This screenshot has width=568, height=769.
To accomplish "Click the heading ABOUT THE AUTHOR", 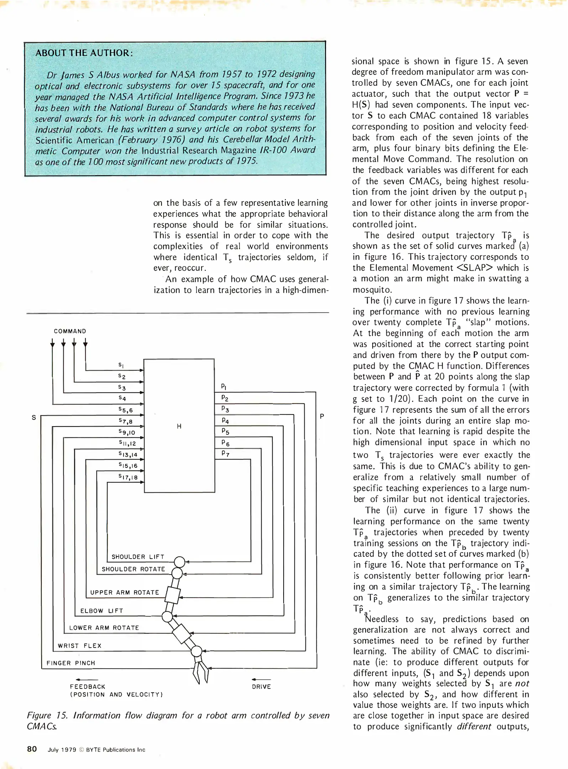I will (x=84, y=53).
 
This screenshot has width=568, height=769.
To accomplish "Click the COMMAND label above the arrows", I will (x=70, y=331).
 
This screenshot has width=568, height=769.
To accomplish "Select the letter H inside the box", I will (x=179, y=426).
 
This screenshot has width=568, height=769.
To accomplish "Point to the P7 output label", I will (x=225, y=454).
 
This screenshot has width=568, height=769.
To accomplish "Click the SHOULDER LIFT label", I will (x=138, y=557).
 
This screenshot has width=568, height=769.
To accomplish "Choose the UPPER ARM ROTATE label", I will (x=125, y=592).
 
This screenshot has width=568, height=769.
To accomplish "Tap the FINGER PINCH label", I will (x=71, y=663).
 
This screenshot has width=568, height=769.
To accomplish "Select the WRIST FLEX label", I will (x=80, y=646).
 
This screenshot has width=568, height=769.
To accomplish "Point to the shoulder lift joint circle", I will (x=180, y=562).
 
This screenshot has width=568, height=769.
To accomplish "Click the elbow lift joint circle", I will (x=167, y=617).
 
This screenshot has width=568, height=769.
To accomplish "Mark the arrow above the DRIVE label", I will (x=261, y=680).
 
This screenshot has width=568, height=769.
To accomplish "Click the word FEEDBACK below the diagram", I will (x=88, y=687).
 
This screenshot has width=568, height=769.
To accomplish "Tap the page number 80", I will (x=32, y=749).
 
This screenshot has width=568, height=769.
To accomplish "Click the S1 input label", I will (x=121, y=365).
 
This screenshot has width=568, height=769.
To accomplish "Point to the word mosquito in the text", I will (x=372, y=290).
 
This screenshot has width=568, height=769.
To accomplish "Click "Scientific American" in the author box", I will (x=75, y=140).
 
